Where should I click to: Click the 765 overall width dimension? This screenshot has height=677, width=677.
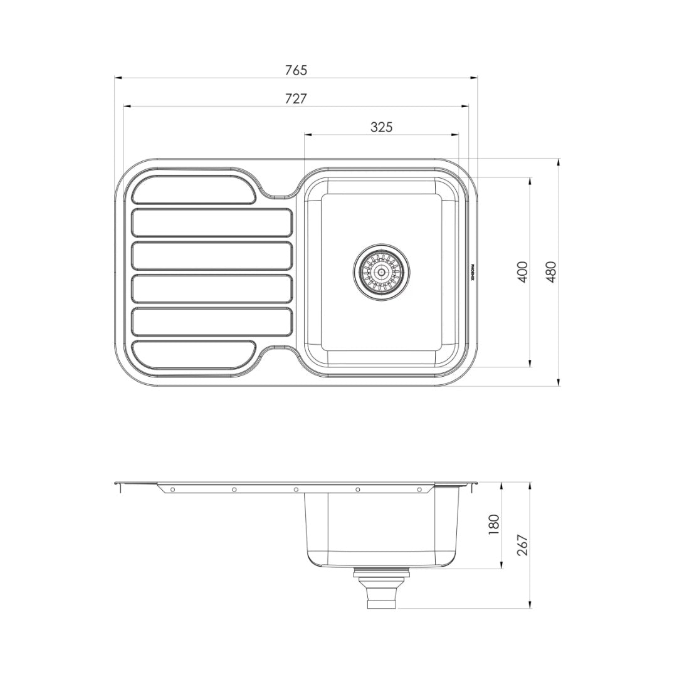click(296, 70)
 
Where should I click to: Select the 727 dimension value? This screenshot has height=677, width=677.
click(296, 98)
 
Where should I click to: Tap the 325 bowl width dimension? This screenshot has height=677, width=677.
click(381, 127)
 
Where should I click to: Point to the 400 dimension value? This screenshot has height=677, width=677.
click(522, 271)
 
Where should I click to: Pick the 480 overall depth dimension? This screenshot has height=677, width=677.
click(551, 271)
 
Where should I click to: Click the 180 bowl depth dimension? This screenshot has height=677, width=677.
click(493, 523)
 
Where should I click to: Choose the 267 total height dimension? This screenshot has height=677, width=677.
click(523, 544)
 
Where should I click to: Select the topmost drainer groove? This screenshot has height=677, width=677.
click(193, 189)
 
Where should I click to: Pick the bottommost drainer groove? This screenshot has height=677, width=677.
click(193, 355)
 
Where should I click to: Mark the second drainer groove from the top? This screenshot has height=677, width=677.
click(213, 223)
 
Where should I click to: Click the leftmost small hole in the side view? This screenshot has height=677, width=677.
click(172, 489)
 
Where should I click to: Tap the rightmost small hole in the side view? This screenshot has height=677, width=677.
click(419, 489)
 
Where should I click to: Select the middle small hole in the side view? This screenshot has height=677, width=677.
click(296, 489)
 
